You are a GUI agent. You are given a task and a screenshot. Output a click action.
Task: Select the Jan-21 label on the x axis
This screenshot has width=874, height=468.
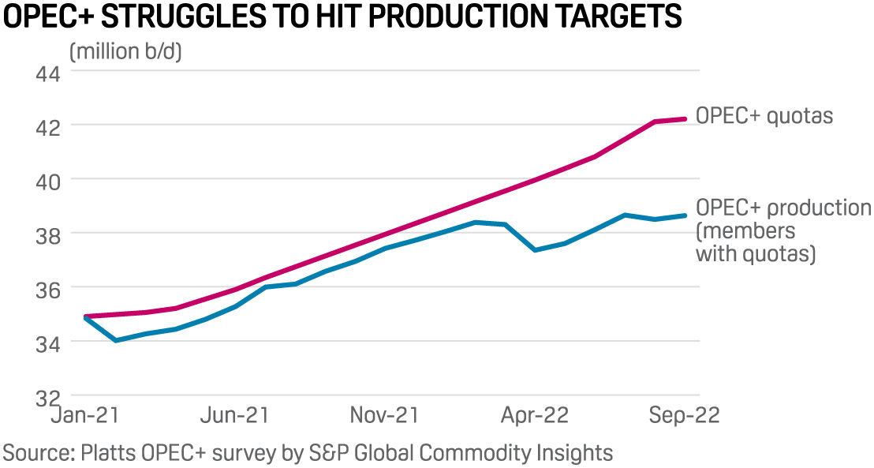(x=85, y=415)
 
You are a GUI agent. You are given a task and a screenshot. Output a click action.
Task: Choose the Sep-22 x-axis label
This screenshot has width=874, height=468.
(x=684, y=415)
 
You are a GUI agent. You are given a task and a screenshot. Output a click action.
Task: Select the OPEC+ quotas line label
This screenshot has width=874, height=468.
(x=764, y=117)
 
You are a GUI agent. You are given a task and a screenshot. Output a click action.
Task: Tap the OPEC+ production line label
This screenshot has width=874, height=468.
(x=782, y=230)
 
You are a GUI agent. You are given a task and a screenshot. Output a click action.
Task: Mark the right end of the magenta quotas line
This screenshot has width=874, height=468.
(x=685, y=119)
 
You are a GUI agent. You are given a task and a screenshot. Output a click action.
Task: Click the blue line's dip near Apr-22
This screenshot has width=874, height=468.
(x=536, y=249)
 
